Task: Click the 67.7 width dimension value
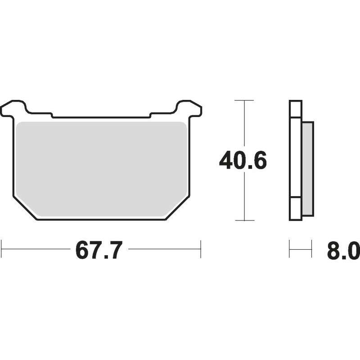tap(99, 250)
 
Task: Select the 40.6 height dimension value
tap(243, 160)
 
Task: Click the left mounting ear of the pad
tap(13, 108)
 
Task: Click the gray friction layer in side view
tap(307, 169)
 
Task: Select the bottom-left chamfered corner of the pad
tap(25, 208)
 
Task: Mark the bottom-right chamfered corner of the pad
tap(178, 208)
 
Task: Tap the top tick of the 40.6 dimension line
tap(244, 100)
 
